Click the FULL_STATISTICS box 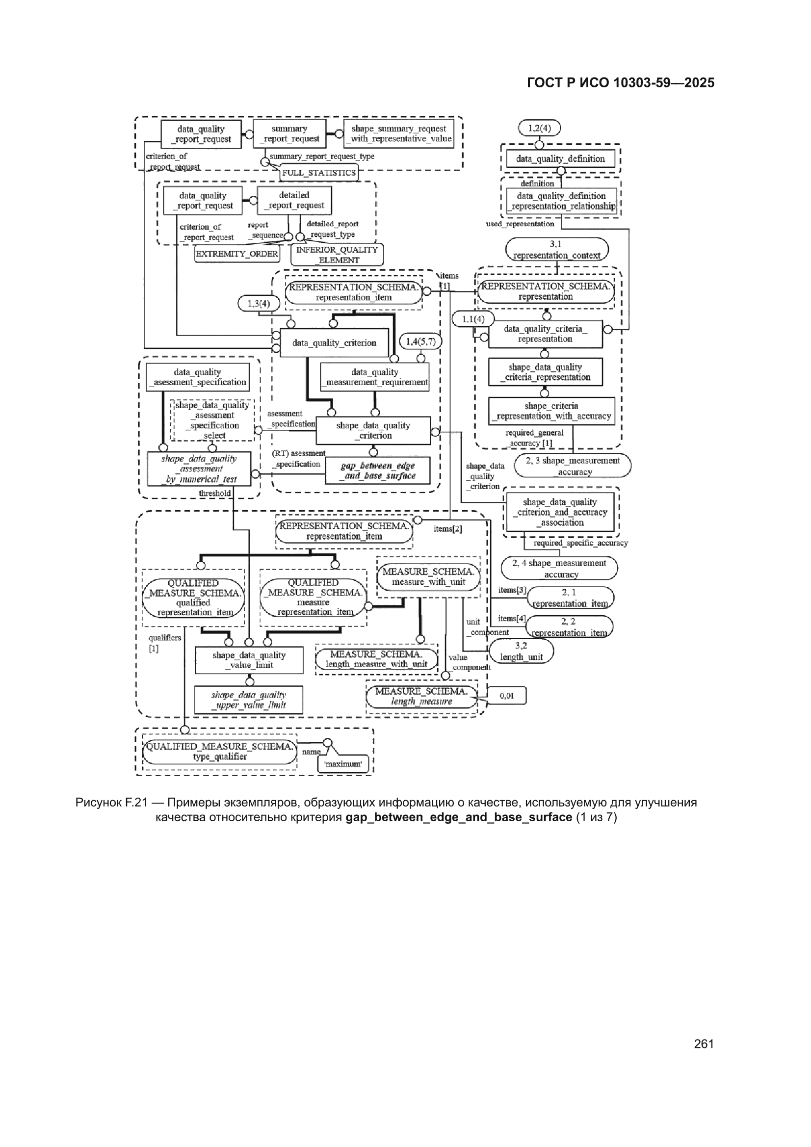pyautogui.click(x=319, y=172)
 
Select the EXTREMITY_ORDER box pyautogui.click(x=237, y=254)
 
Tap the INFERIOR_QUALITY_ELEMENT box pyautogui.click(x=337, y=255)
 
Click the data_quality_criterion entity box pyautogui.click(x=334, y=343)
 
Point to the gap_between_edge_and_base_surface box pyautogui.click(x=378, y=470)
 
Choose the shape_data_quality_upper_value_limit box pyautogui.click(x=249, y=700)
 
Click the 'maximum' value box pyautogui.click(x=343, y=764)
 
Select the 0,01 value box pyautogui.click(x=507, y=695)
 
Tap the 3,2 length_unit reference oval pyautogui.click(x=521, y=652)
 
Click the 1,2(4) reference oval pyautogui.click(x=540, y=128)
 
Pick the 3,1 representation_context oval pyautogui.click(x=557, y=249)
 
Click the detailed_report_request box pyautogui.click(x=294, y=200)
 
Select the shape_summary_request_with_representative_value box pyautogui.click(x=399, y=133)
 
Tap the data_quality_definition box pyautogui.click(x=560, y=159)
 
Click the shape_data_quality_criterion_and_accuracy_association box pyautogui.click(x=560, y=512)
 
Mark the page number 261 pyautogui.click(x=704, y=1043)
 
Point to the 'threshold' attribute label pyautogui.click(x=215, y=494)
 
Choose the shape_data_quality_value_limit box pyautogui.click(x=249, y=660)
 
